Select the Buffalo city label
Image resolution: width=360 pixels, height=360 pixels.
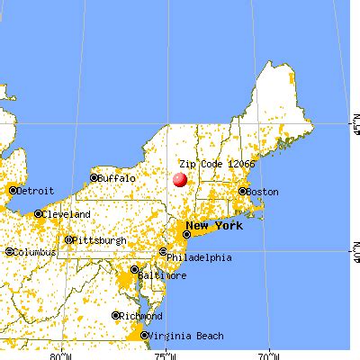(117, 178)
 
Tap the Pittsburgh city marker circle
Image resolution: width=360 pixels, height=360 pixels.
(68, 240)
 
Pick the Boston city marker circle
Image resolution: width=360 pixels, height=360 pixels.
(241, 192)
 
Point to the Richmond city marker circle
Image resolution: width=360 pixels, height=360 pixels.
(117, 316)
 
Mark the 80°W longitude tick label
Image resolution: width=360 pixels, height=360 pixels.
(61, 354)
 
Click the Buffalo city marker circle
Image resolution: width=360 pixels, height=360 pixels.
(94, 179)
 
